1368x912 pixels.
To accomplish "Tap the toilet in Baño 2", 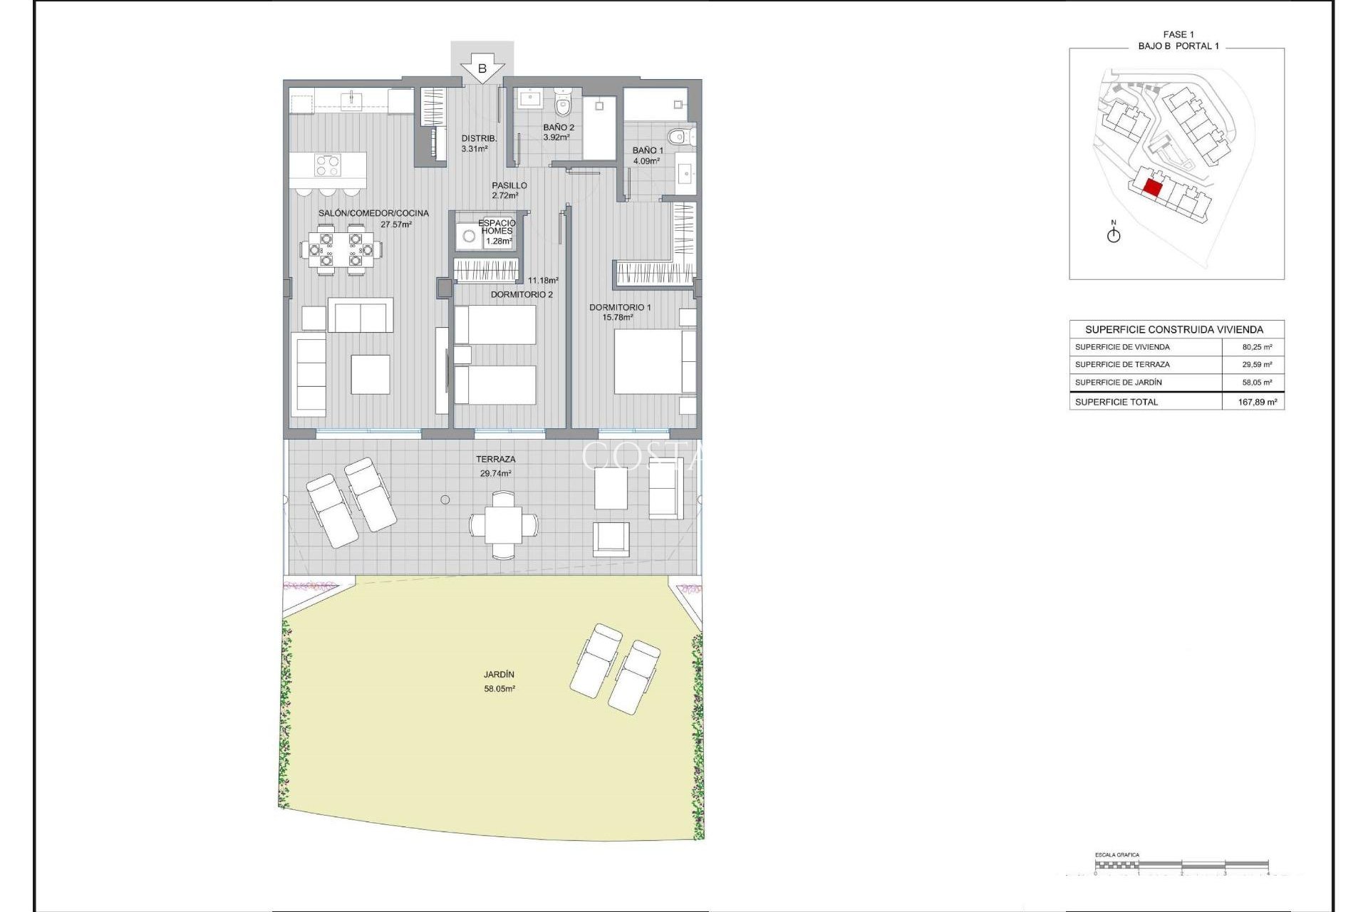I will point(563,105).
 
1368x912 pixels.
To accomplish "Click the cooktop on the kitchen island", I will point(327,165).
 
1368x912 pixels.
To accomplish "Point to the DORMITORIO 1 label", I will point(619,307).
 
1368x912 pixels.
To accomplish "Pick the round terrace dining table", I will point(504,525).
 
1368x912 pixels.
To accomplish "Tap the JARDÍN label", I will point(499,674).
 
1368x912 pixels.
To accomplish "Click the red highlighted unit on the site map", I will point(1152,188).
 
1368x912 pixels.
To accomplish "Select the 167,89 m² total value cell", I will point(1257,402).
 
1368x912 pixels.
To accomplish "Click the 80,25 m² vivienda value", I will point(1257,347).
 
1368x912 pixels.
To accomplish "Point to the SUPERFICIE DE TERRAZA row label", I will point(1122,364).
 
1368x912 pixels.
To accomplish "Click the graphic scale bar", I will point(1181,865).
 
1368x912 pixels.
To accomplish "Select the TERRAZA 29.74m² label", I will point(496,466).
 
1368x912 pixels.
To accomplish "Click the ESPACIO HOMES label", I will point(497,227).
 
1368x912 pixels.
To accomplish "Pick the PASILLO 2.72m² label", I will point(509,190).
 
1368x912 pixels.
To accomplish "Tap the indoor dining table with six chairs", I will point(341,249).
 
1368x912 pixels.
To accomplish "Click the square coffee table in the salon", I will point(370,374).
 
